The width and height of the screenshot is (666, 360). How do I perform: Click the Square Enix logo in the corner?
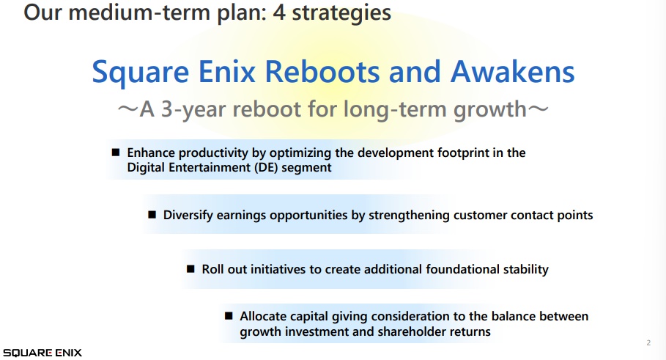click(42, 353)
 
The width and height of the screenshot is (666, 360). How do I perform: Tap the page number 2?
click(648, 342)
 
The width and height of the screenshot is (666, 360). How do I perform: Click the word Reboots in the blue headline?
click(322, 71)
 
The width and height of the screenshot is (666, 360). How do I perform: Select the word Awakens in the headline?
click(512, 71)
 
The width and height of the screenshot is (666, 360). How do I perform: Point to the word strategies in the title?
click(341, 12)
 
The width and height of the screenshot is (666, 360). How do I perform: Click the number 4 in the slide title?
click(278, 12)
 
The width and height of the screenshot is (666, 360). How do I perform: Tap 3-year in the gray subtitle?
click(193, 109)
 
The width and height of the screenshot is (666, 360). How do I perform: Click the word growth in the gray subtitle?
click(489, 110)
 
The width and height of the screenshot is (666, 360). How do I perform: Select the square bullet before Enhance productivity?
click(116, 153)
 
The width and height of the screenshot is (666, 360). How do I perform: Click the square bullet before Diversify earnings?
click(152, 214)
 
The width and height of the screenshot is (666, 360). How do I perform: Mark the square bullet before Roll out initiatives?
click(190, 268)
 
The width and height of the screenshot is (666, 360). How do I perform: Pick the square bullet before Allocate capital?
click(229, 315)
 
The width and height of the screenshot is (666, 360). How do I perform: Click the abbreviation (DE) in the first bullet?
click(266, 167)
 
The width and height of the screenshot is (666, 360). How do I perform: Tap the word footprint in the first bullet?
click(463, 153)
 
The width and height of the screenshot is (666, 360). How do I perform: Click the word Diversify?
click(188, 215)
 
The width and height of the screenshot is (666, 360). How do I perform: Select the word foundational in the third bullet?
click(462, 269)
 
